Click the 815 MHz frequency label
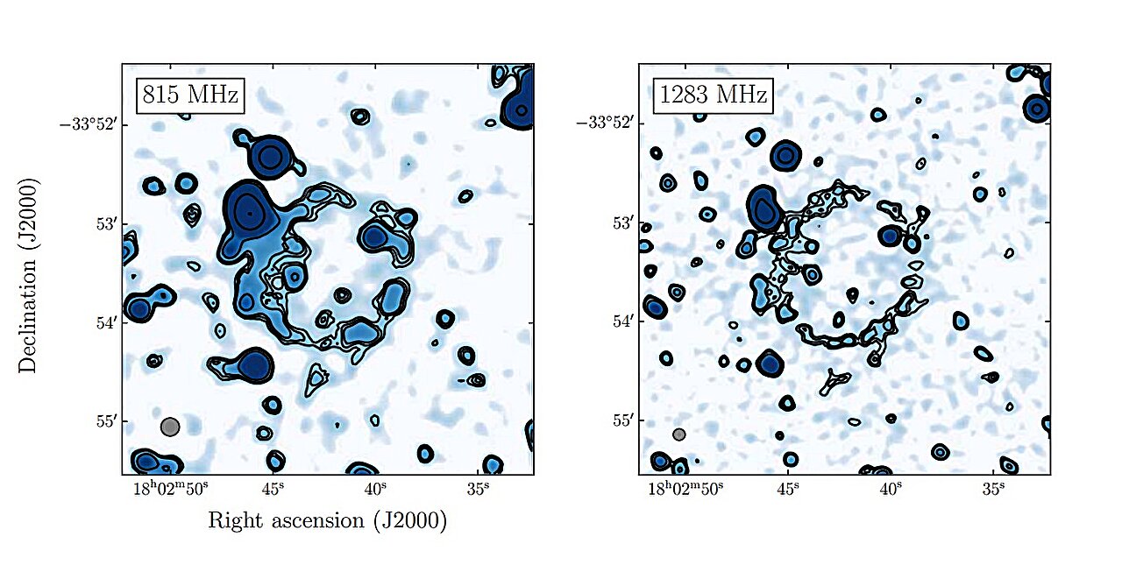(x=188, y=95)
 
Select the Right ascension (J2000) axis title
(x=327, y=520)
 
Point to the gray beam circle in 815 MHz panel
(x=170, y=427)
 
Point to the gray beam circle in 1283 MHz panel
(x=679, y=434)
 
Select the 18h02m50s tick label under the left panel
(x=167, y=489)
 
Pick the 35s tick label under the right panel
(x=994, y=489)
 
